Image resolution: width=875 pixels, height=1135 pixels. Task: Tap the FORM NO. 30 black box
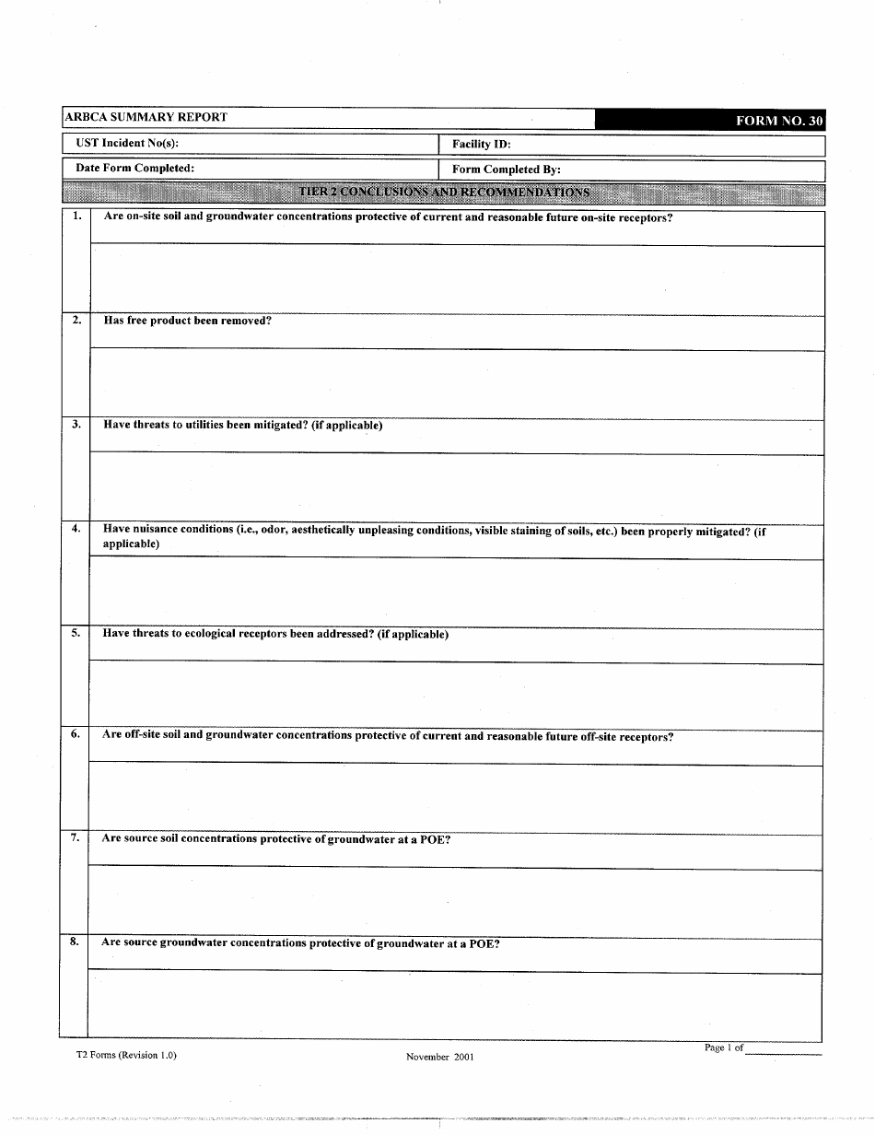coord(777,121)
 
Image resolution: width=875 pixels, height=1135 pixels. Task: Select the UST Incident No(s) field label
coord(127,143)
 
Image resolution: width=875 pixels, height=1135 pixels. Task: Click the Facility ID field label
coord(481,145)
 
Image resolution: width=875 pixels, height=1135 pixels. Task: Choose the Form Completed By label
coord(506,170)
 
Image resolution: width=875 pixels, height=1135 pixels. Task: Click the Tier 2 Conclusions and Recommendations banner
coord(444,193)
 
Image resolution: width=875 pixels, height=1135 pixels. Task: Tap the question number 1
coord(76,216)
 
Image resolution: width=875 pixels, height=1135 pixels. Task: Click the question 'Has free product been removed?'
coord(187,321)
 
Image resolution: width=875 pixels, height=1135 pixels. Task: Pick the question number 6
coord(76,734)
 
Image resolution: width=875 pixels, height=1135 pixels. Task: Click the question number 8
coord(74,942)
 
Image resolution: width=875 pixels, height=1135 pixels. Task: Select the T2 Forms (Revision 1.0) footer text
coord(126,1055)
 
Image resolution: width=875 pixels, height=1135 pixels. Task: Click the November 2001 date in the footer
coord(439,1057)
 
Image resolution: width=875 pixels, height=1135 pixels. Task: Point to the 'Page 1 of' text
coord(723,1047)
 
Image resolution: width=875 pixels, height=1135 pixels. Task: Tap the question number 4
coord(76,529)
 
